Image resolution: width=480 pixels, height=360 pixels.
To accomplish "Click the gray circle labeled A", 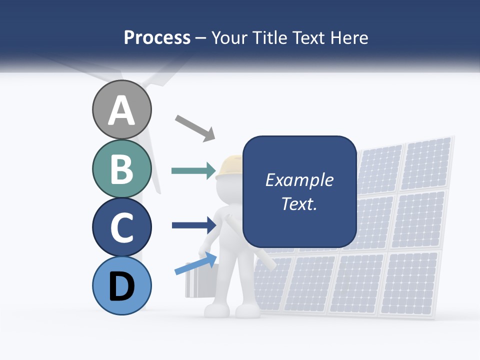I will (121, 109).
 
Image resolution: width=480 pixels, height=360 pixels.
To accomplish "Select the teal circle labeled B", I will (121, 168).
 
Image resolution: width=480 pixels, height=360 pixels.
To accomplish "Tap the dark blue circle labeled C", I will (121, 227).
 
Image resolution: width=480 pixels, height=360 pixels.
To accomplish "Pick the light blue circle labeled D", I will (121, 285).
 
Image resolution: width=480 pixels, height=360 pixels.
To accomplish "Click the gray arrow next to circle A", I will (195, 127).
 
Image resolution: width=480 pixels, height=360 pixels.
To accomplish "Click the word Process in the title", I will (157, 37).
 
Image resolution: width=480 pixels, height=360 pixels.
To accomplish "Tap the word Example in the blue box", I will (299, 180).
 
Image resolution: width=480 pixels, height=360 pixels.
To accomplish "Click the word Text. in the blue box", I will (299, 203).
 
